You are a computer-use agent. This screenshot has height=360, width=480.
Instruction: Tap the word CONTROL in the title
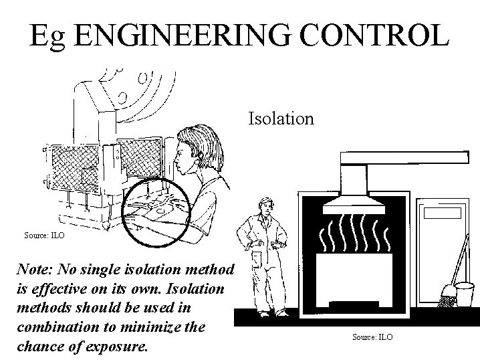[378, 35]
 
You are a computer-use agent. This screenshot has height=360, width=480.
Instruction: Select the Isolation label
[281, 119]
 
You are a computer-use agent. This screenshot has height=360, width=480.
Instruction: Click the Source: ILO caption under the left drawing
[44, 236]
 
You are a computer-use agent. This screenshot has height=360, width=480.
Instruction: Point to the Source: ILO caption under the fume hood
[372, 337]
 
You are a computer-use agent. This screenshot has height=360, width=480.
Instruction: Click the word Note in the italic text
[37, 270]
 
